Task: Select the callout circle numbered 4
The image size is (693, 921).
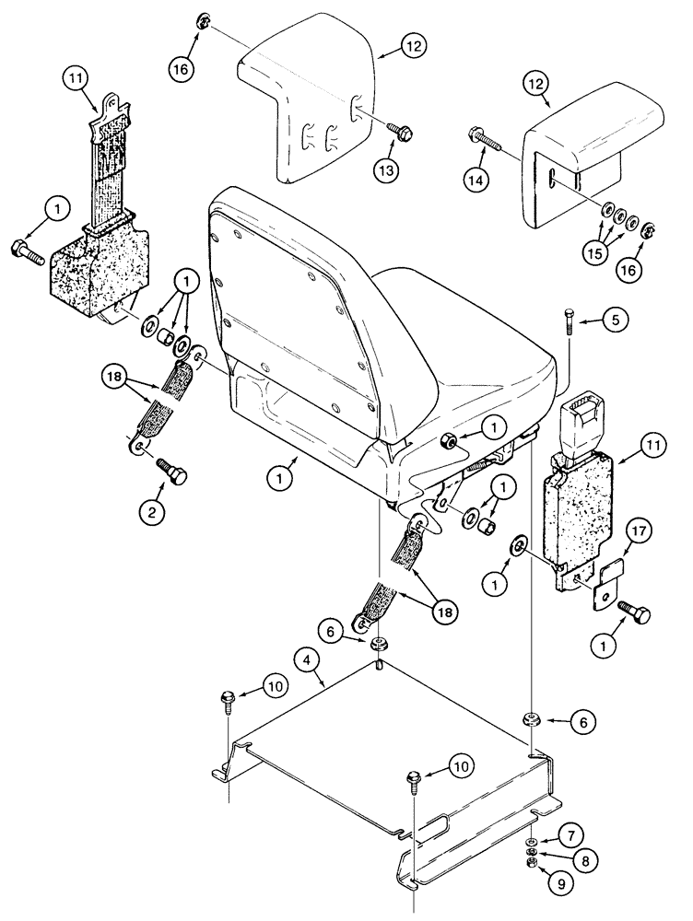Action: click(x=309, y=659)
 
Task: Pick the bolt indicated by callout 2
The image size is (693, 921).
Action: click(x=172, y=472)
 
